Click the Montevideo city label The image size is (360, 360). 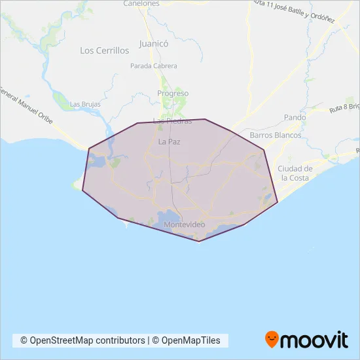185,225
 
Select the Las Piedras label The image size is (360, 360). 172,121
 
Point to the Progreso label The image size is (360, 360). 173,94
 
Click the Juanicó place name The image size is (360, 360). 154,45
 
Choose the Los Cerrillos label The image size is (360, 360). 104,50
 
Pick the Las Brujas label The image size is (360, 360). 84,104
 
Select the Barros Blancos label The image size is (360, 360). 276,135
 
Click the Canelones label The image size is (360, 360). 141,3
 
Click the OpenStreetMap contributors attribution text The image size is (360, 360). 82,340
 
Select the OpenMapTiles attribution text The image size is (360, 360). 190,340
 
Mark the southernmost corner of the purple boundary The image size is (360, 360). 199,241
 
